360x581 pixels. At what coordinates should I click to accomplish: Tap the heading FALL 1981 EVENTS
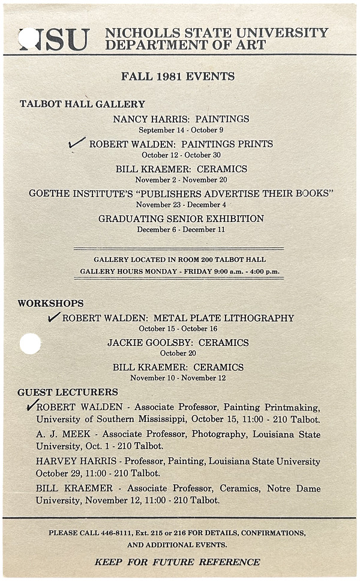pos(178,76)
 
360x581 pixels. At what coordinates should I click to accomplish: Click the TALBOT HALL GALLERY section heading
pos(82,104)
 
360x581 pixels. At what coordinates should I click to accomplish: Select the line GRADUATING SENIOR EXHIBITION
pos(181,218)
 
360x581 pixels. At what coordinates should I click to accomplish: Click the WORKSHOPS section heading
pos(50,303)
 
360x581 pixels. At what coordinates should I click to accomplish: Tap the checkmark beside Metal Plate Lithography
pos(54,317)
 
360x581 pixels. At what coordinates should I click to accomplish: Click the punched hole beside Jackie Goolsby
pos(30,343)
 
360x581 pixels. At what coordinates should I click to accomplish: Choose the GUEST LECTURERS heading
pos(68,392)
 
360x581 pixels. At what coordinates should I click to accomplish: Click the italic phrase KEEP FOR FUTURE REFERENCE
pos(177,562)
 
